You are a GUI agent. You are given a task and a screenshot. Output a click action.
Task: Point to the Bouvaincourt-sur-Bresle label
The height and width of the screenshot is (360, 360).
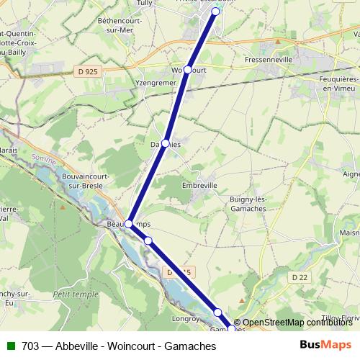click(86, 180)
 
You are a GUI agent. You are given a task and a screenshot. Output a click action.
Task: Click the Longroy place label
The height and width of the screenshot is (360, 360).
click(185, 318)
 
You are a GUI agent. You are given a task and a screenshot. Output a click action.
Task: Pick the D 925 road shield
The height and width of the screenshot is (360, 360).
click(86, 71)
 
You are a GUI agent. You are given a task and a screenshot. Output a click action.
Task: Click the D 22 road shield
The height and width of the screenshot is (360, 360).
click(301, 277)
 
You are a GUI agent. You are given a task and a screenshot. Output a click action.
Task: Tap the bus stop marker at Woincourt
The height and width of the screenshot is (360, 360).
click(187, 70)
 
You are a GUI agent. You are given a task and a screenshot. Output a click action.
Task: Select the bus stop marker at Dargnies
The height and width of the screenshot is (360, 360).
click(166, 143)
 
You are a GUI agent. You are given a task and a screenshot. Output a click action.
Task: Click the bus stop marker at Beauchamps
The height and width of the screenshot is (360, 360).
click(129, 224)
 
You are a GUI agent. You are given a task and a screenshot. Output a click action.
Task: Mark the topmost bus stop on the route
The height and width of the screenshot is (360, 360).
click(215, 12)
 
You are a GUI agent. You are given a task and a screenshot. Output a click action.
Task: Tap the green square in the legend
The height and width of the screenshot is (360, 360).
click(11, 346)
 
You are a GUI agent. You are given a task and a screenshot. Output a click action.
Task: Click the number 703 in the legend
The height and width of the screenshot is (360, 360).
click(30, 346)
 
